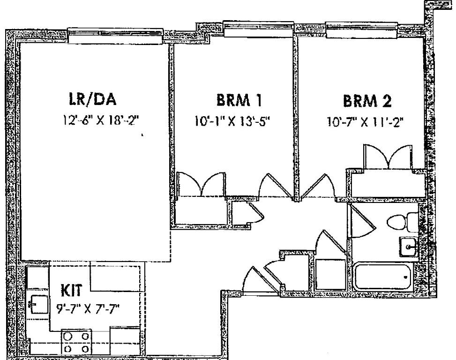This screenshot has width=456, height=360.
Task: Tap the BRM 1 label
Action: click(239, 100)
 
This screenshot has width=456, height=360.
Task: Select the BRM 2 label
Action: click(367, 101)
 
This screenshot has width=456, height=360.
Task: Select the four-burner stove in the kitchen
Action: click(76, 342)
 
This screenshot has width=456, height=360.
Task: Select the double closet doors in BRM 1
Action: click(201, 183)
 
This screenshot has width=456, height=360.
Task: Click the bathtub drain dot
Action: click(406, 277)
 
